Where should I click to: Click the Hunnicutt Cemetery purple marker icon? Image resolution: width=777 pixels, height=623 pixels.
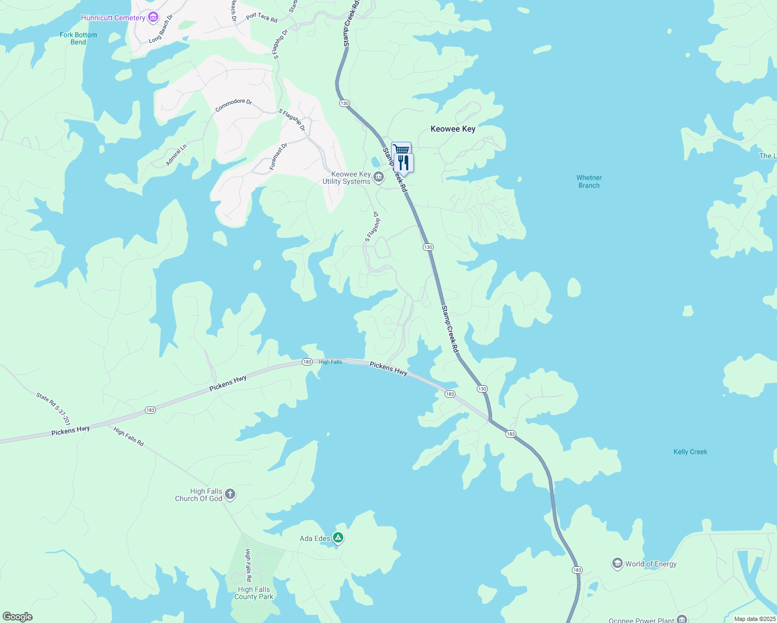tap(153, 18)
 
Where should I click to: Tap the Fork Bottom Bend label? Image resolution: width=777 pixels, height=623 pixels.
tap(78, 38)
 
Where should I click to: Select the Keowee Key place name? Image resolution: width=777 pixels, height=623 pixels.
tap(453, 129)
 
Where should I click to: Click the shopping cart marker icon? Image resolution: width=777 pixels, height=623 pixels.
tap(401, 149)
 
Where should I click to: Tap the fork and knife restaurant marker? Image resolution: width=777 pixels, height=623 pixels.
tap(404, 162)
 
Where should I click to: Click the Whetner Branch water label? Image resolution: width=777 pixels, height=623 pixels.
tap(589, 182)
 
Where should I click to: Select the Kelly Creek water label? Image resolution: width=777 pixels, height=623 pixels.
tap(690, 452)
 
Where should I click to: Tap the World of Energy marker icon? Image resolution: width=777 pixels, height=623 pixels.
tap(617, 564)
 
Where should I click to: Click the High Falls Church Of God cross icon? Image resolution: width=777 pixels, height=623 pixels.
tap(230, 495)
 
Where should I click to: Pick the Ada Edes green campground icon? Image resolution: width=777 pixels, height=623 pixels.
tap(338, 538)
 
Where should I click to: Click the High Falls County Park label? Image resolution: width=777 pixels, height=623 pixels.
tap(253, 593)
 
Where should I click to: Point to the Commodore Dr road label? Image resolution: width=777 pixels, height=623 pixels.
tap(233, 104)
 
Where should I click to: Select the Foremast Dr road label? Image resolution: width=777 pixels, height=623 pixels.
tap(278, 157)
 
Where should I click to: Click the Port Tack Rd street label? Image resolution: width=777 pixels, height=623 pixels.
tap(262, 17)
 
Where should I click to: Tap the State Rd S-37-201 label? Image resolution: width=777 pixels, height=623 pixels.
tap(53, 409)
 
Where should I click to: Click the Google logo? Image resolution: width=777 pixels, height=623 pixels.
tap(18, 617)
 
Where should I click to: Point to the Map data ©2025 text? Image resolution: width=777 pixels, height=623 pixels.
tap(754, 619)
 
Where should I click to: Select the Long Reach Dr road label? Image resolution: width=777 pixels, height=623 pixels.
tap(161, 29)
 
